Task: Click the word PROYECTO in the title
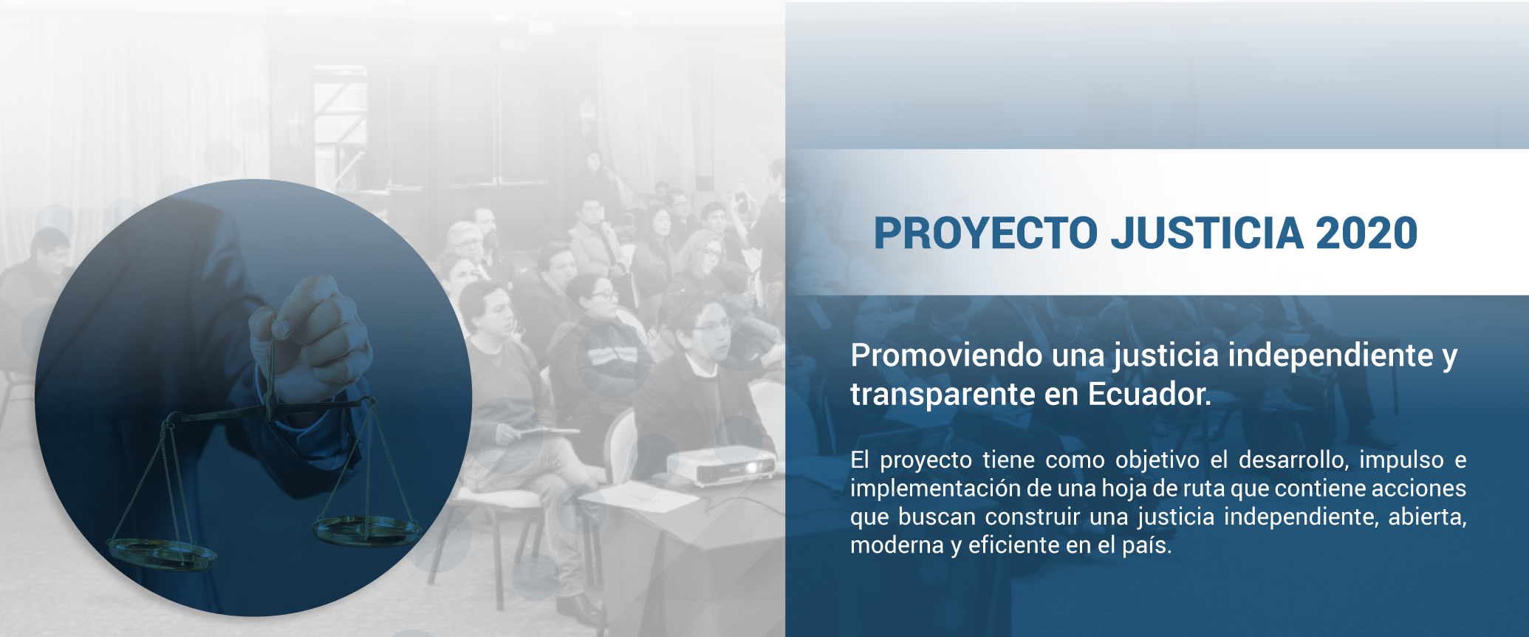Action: [x=986, y=234]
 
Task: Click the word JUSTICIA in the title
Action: [x=1208, y=234]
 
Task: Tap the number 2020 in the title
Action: [x=1367, y=234]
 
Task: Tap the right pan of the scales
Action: [x=366, y=530]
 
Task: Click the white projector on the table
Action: [x=720, y=464]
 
